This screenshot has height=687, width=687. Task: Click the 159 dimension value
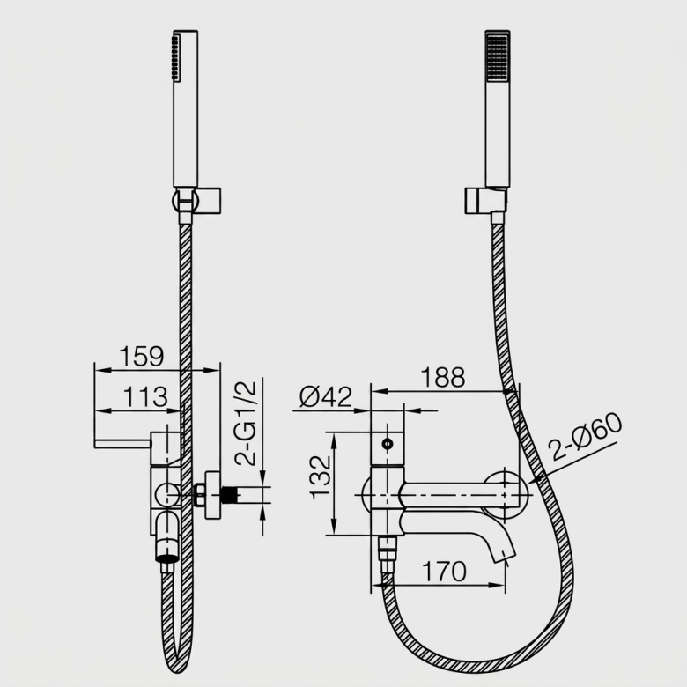pyautogui.click(x=142, y=356)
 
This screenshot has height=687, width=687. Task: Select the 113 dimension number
pyautogui.click(x=145, y=396)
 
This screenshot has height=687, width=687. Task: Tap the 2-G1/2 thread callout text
pyautogui.click(x=245, y=423)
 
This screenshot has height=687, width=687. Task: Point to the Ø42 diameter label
pyautogui.click(x=326, y=397)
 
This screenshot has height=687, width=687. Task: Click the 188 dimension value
pyautogui.click(x=442, y=377)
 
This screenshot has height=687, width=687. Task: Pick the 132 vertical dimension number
pyautogui.click(x=321, y=476)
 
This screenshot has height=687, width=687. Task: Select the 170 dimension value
pyautogui.click(x=444, y=572)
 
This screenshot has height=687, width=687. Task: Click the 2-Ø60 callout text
pyautogui.click(x=585, y=437)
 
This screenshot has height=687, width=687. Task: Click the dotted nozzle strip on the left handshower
pyautogui.click(x=175, y=58)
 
